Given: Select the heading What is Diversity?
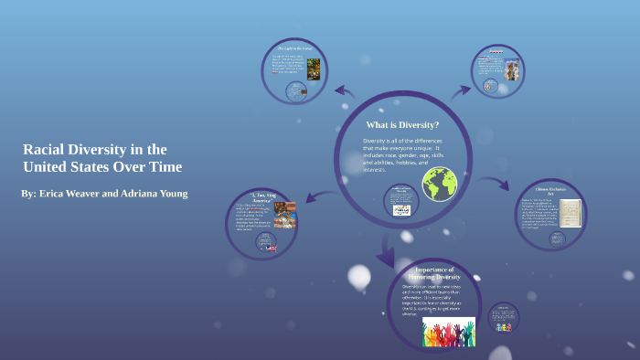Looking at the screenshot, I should point(402,124).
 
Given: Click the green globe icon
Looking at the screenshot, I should point(439,184).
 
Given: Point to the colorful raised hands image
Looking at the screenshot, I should point(449,332).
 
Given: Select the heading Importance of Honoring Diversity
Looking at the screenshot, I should point(434,273).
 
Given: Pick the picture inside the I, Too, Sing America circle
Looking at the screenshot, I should point(284,215).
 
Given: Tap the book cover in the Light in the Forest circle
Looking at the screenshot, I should point(313,69).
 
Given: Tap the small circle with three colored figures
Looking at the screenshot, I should point(503,320).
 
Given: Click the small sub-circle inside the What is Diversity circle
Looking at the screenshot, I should point(401,202).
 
